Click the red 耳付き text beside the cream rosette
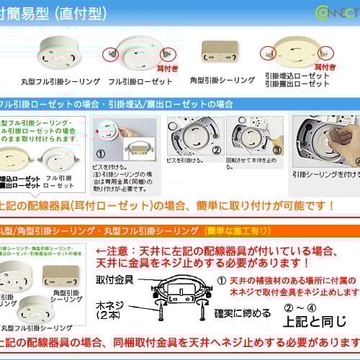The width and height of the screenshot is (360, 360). point(325,66)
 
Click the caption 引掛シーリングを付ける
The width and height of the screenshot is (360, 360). point(325,174)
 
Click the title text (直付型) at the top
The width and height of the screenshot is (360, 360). point(80,14)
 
